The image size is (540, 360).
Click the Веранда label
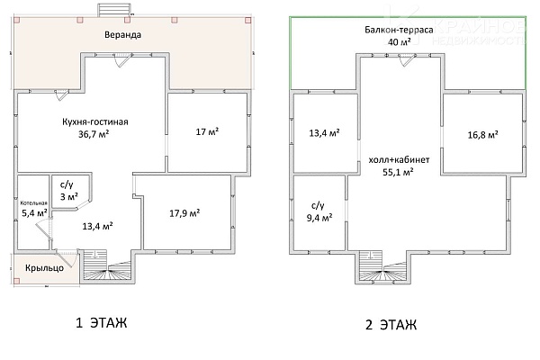coord(123,35)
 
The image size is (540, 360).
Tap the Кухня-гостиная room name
coord(95,122)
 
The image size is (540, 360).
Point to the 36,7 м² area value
coord(94,134)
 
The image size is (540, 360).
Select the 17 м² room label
coord(208,131)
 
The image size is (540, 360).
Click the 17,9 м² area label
coord(184,213)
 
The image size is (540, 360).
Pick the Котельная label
coord(34,202)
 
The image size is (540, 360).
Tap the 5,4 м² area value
coord(34,213)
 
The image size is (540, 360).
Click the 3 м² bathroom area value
coord(69,197)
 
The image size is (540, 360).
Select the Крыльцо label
coord(44,267)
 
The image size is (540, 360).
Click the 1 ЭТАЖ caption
coord(101,323)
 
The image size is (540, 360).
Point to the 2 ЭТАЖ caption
coord(391,325)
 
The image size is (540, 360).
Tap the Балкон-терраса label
coord(399,30)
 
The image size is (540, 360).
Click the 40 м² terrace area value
coord(399,42)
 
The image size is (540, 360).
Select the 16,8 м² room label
coord(482,135)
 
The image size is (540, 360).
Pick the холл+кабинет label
coord(399,160)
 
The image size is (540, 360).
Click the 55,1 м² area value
coord(398,172)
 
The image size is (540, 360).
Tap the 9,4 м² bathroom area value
coord(319,218)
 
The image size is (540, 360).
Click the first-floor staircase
coord(106,265)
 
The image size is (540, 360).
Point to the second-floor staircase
coord(383,267)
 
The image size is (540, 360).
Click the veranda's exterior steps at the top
coord(114,10)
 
